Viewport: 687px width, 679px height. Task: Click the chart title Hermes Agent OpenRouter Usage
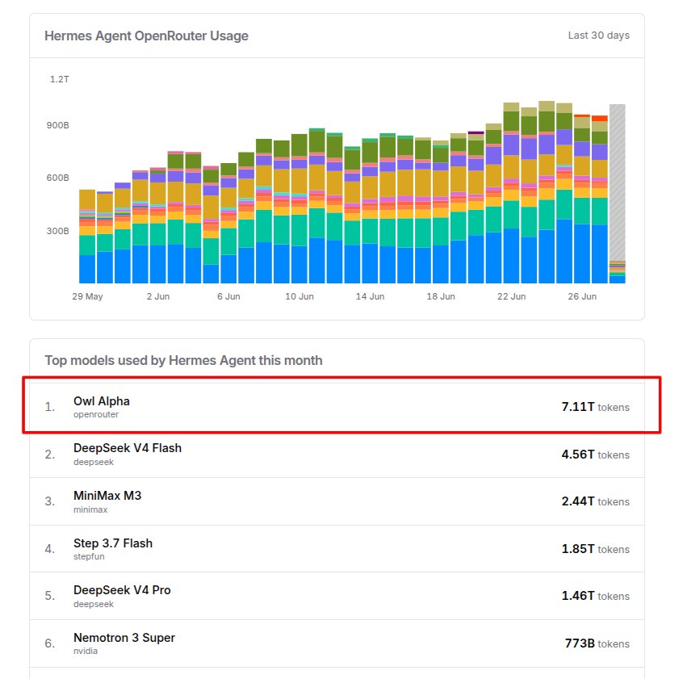146,36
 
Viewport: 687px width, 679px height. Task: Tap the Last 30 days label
598,36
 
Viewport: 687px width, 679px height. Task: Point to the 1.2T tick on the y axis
59,79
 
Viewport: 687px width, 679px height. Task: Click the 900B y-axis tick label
58,125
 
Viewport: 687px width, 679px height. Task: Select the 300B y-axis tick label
58,231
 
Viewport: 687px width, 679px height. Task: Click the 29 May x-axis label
87,296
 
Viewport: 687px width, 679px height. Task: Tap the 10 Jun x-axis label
300,296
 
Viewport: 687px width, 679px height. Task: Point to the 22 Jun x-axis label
511,296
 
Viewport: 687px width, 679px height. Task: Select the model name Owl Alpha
102,401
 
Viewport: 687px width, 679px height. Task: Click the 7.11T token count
578,407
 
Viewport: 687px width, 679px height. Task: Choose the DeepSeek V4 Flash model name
128,448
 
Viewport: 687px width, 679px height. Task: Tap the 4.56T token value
578,455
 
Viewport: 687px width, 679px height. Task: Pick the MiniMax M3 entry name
107,496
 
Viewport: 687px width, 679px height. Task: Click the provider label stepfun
89,557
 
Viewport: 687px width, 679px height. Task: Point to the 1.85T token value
578,549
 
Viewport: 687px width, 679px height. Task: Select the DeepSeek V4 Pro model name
122,590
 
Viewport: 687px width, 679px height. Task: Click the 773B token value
580,643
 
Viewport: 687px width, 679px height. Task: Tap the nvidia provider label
86,651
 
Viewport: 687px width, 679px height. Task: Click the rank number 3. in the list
49,501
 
